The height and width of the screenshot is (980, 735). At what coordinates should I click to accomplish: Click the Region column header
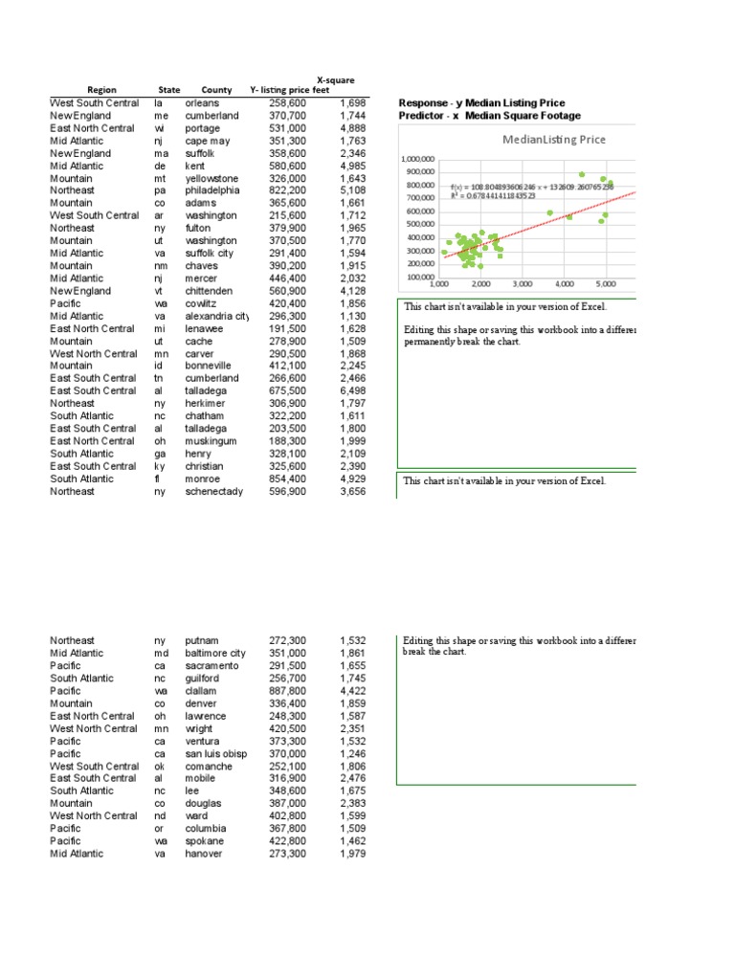click(x=101, y=90)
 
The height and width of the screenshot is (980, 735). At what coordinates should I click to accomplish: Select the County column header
click(x=216, y=90)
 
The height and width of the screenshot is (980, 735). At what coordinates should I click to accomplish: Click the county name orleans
click(x=202, y=103)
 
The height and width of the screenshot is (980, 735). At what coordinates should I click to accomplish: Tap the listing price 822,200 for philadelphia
click(x=287, y=190)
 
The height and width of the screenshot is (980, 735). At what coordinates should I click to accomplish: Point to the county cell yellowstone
click(x=212, y=178)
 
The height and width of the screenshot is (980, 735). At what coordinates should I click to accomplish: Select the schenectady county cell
click(x=214, y=491)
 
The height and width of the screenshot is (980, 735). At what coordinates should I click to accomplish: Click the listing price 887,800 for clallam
click(x=287, y=690)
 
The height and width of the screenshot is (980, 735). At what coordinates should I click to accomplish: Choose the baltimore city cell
click(x=215, y=653)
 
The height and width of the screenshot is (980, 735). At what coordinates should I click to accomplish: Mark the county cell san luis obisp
click(x=215, y=753)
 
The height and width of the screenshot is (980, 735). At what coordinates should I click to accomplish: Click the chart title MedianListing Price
click(x=553, y=139)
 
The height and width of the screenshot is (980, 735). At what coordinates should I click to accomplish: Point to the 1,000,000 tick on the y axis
click(x=416, y=160)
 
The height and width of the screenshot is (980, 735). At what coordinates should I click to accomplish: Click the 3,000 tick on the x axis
click(x=523, y=284)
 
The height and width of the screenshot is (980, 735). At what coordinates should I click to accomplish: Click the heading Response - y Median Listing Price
click(x=481, y=102)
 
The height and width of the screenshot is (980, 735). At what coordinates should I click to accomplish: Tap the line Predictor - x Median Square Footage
click(x=489, y=116)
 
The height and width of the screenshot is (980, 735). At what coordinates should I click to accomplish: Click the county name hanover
click(x=204, y=853)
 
